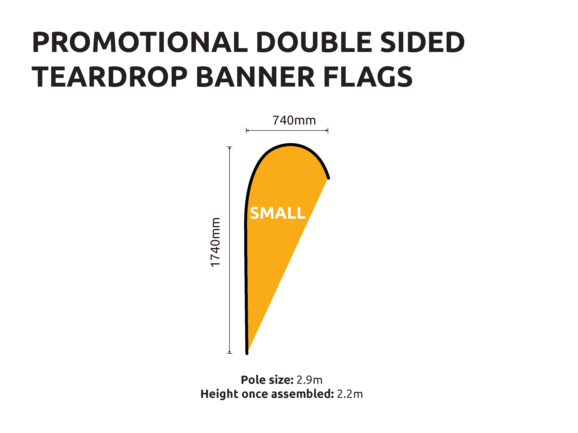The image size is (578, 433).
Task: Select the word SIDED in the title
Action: (x=422, y=42)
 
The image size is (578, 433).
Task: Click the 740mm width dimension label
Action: (x=294, y=121)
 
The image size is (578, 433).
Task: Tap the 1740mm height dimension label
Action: (x=215, y=242)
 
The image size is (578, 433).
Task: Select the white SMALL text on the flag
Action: (x=278, y=213)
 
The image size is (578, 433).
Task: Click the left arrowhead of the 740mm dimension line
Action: (x=247, y=130)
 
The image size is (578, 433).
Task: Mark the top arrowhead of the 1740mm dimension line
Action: (x=229, y=148)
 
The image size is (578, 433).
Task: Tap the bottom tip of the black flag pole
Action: (x=247, y=354)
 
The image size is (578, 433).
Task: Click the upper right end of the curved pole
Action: (x=329, y=178)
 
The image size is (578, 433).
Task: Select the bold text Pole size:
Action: (x=267, y=380)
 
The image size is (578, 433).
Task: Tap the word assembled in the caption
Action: (x=303, y=394)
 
